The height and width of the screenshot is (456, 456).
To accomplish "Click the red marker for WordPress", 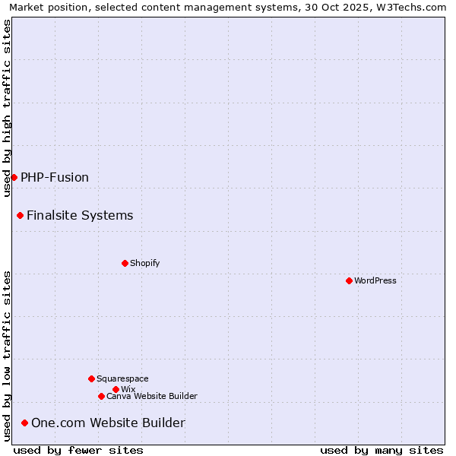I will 349,280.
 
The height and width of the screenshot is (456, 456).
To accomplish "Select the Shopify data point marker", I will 125,263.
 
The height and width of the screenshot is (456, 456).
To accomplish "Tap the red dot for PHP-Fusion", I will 14,177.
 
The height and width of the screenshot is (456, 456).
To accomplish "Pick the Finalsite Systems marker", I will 20,215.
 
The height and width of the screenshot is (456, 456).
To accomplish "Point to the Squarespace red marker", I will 91,378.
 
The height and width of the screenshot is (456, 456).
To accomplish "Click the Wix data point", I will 116,389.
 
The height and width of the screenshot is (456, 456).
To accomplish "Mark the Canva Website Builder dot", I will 101,396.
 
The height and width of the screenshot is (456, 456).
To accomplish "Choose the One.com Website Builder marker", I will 24,423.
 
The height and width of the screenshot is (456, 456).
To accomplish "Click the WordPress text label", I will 375,280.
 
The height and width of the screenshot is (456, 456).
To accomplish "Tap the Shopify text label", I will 144,263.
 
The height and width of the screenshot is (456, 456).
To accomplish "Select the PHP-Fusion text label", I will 55,177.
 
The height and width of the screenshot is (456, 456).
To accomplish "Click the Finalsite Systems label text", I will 80,215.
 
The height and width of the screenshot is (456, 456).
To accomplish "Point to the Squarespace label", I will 122,378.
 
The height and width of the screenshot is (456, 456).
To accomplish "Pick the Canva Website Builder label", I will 152,396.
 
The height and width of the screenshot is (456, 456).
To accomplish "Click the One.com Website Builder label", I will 108,423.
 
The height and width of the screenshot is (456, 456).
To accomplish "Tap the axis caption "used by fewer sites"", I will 78,450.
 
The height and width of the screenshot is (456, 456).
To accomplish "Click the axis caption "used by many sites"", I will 382,450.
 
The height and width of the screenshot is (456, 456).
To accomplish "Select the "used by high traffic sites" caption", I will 7,108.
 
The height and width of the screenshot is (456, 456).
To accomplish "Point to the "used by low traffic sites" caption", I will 7,356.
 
